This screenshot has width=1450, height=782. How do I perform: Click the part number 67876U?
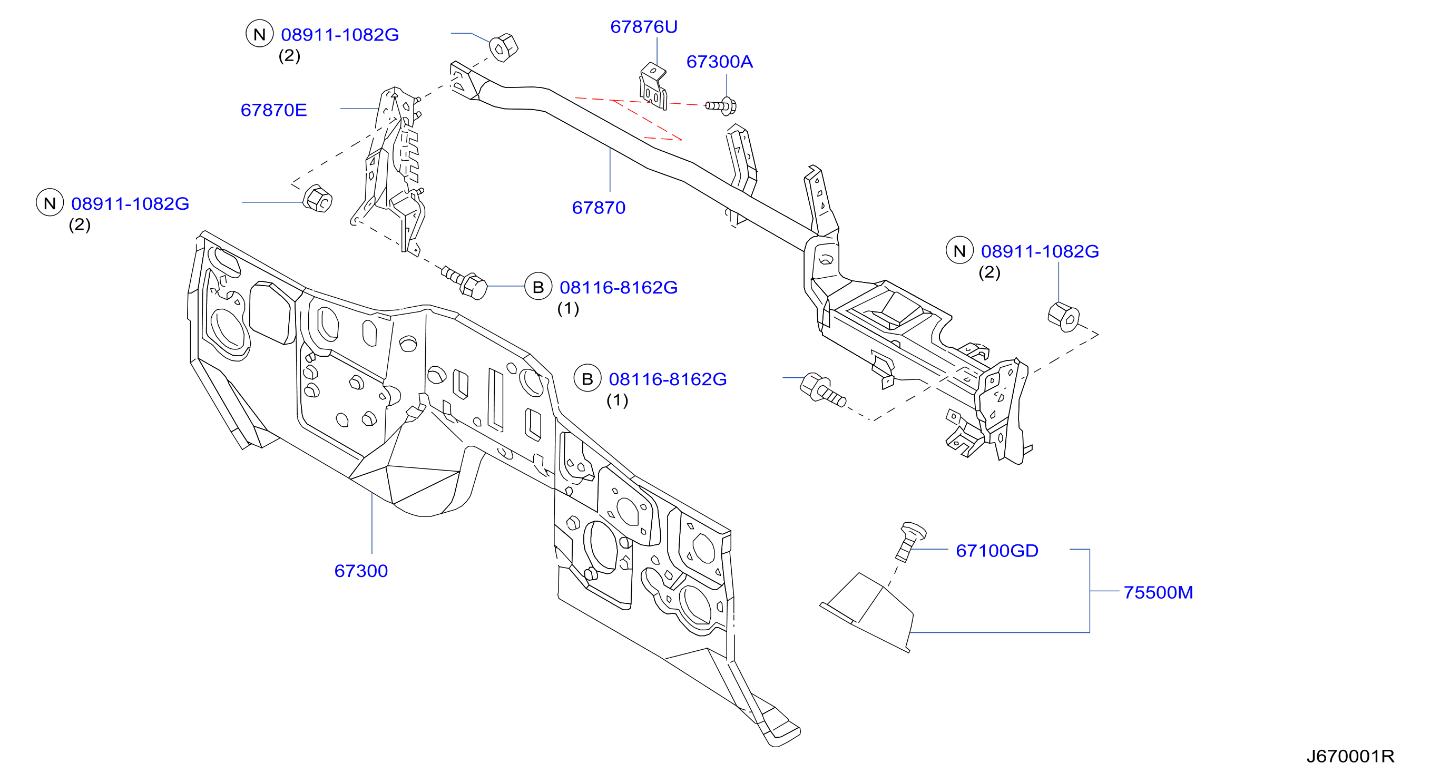pos(643,26)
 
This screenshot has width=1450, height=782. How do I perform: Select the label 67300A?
pos(719,61)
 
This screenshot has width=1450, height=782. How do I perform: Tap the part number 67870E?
pos(273,110)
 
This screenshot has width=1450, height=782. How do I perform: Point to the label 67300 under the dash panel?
pos(361,571)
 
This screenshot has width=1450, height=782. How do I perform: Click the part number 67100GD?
pos(997,551)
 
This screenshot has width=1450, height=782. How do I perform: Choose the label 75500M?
pos(1158,592)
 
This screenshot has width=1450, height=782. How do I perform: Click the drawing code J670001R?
pos(1350,756)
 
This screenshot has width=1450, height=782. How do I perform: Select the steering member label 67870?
pos(599,208)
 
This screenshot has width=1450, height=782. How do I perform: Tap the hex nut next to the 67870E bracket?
pos(318,199)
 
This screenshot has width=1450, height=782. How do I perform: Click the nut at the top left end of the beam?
pos(503,47)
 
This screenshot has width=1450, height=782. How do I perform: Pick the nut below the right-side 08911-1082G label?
pos(1063,317)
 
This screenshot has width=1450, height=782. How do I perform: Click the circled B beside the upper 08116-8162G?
pos(538,287)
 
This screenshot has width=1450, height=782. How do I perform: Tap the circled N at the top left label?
pos(259,34)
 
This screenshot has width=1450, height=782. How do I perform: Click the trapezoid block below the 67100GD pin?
pos(867,613)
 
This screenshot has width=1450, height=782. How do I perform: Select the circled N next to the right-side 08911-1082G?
pos(959,251)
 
